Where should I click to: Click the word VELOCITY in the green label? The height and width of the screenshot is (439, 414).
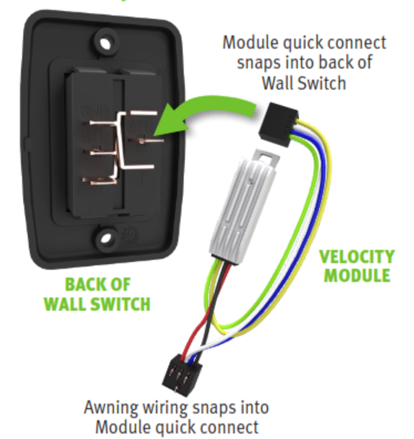point(357,257)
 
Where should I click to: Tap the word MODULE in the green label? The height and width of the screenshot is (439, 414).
point(357,275)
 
